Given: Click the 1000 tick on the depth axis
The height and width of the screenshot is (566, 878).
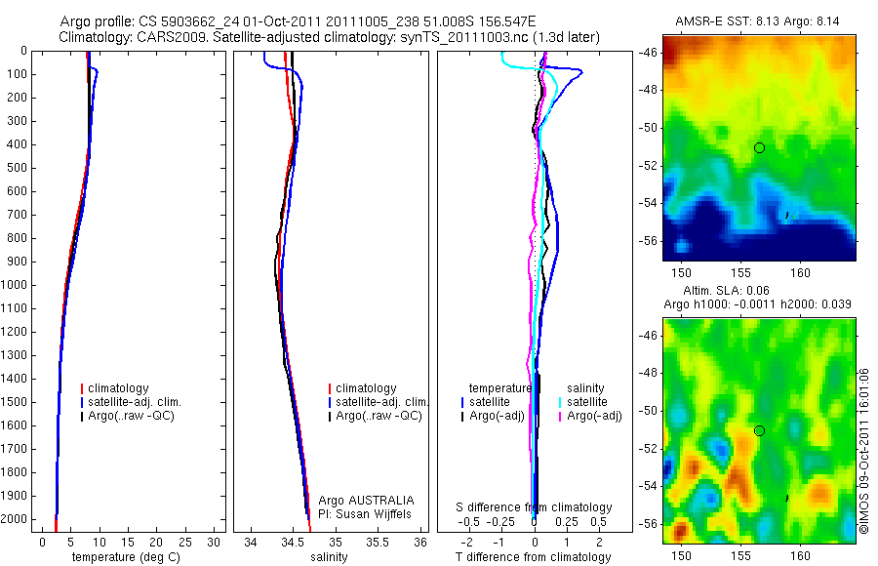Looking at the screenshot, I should pyautogui.click(x=17, y=285).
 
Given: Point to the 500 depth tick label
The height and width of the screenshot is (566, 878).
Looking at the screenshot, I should pyautogui.click(x=17, y=168).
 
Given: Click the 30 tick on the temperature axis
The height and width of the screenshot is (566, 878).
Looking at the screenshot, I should pyautogui.click(x=214, y=543).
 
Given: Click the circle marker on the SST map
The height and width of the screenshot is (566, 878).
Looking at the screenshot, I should pyautogui.click(x=759, y=147).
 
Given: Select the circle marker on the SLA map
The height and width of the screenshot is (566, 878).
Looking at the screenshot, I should pyautogui.click(x=759, y=430).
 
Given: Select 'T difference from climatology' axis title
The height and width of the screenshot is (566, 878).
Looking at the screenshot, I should pyautogui.click(x=533, y=557).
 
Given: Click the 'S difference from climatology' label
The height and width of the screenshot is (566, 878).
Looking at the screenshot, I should pyautogui.click(x=535, y=507).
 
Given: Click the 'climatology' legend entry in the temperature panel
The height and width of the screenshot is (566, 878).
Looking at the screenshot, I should pyautogui.click(x=118, y=388).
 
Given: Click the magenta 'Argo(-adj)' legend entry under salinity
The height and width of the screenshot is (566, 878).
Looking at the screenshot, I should pyautogui.click(x=594, y=416).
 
